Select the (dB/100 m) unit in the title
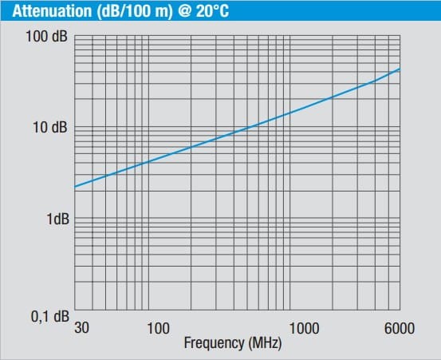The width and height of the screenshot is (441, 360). tap(119, 11)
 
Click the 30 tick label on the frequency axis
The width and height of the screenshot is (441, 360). tap(81, 327)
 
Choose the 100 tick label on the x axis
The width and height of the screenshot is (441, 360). tap(159, 327)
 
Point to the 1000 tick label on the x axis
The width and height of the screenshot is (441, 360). tap(304, 327)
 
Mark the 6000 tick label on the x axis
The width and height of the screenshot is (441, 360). tap(398, 327)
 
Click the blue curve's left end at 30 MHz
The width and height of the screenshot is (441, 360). tap(74, 187)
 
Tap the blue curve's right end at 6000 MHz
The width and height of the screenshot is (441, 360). tap(400, 69)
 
